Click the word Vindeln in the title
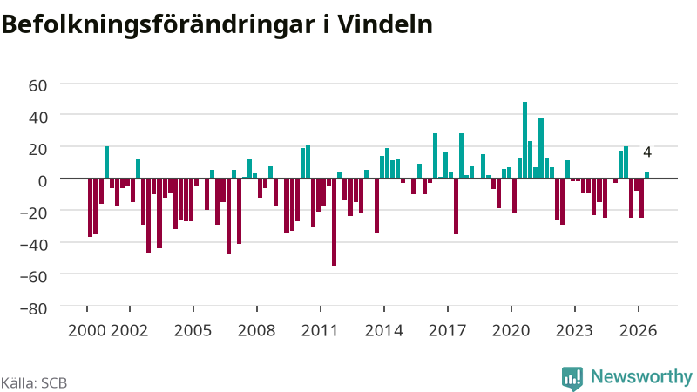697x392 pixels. coord(385,24)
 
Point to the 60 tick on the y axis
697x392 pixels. coord(37,84)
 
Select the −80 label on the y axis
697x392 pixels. coord(34,308)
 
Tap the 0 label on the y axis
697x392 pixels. coord(43,181)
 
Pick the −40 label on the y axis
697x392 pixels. coord(34,244)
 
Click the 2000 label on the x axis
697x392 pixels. coord(86,330)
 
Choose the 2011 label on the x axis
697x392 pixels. coord(320,330)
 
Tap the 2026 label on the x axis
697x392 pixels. coord(638,330)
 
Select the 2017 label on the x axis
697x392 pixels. coord(447,330)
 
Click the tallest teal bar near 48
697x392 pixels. coord(525,140)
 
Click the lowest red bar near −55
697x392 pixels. coord(335,222)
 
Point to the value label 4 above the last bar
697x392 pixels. coord(647,152)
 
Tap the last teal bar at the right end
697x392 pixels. coord(646,175)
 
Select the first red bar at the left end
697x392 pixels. coord(91,207)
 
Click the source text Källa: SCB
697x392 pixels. coord(34,382)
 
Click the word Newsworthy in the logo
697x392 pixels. coord(641,376)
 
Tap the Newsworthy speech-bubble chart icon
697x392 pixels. coord(572,378)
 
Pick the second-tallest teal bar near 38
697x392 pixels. coord(541,148)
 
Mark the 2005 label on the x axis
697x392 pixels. coord(193,330)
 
